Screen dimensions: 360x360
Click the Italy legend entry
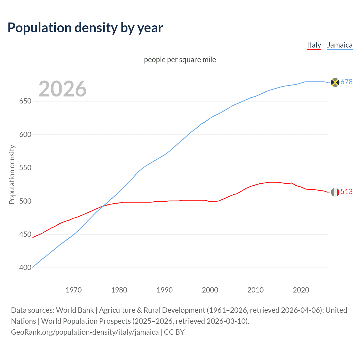click(x=314, y=45)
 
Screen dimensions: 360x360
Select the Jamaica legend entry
click(x=340, y=45)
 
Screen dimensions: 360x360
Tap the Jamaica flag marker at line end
click(x=335, y=82)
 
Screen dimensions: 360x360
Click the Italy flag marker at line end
click(x=335, y=192)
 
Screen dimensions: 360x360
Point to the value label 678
click(x=346, y=82)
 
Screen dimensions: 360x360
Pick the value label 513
click(x=346, y=192)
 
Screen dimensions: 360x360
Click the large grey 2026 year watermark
click(x=62, y=89)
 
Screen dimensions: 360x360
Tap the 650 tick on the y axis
click(x=25, y=101)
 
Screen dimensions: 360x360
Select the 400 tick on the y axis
click(x=25, y=268)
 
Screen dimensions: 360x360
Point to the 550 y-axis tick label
click(x=25, y=168)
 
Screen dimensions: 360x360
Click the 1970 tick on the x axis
click(x=74, y=290)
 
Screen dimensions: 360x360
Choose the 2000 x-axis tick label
click(x=210, y=290)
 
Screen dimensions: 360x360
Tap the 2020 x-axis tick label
click(x=301, y=290)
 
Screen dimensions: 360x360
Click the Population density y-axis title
click(x=12, y=174)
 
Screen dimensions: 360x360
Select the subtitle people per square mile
click(x=180, y=60)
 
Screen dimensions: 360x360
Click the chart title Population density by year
click(x=85, y=28)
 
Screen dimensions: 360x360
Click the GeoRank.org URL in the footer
click(x=85, y=332)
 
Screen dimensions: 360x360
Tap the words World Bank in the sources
click(x=75, y=310)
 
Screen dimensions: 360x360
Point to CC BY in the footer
click(x=174, y=332)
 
